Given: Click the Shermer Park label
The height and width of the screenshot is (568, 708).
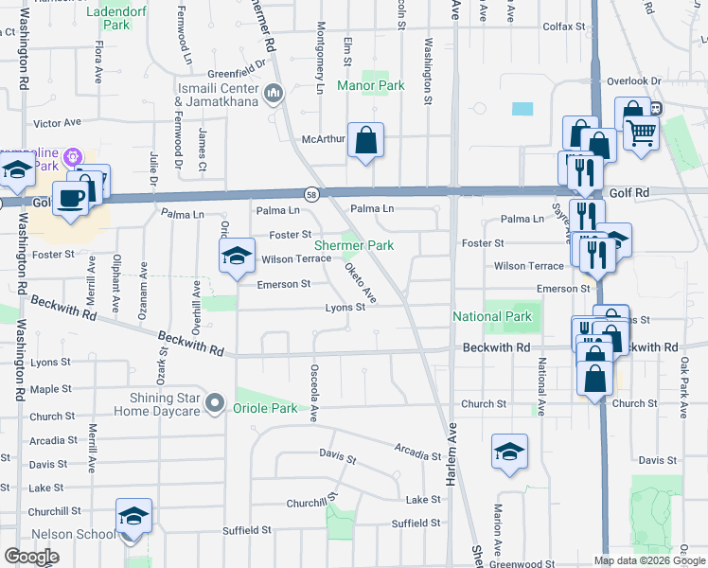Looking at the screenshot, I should [x=353, y=245].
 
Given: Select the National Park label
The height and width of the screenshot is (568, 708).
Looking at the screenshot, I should [x=491, y=316].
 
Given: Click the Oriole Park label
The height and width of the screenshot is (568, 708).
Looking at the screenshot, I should [x=265, y=409].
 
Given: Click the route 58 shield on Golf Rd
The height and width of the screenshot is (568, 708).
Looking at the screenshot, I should [x=311, y=193].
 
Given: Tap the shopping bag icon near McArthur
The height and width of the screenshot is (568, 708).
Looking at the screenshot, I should [x=365, y=142].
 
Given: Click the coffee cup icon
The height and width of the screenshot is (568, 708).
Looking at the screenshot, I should [x=71, y=198].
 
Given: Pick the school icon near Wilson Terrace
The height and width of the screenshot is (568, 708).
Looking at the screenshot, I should [x=237, y=257].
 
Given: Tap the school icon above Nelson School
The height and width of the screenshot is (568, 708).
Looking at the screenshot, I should [x=133, y=517].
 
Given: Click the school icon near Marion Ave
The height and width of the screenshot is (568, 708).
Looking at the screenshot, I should [x=509, y=453].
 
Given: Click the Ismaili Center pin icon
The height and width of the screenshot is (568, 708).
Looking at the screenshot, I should [x=274, y=93].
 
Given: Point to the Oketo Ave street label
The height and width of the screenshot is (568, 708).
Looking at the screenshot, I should [x=361, y=283].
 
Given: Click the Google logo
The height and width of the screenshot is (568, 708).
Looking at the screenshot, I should [x=31, y=557].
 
